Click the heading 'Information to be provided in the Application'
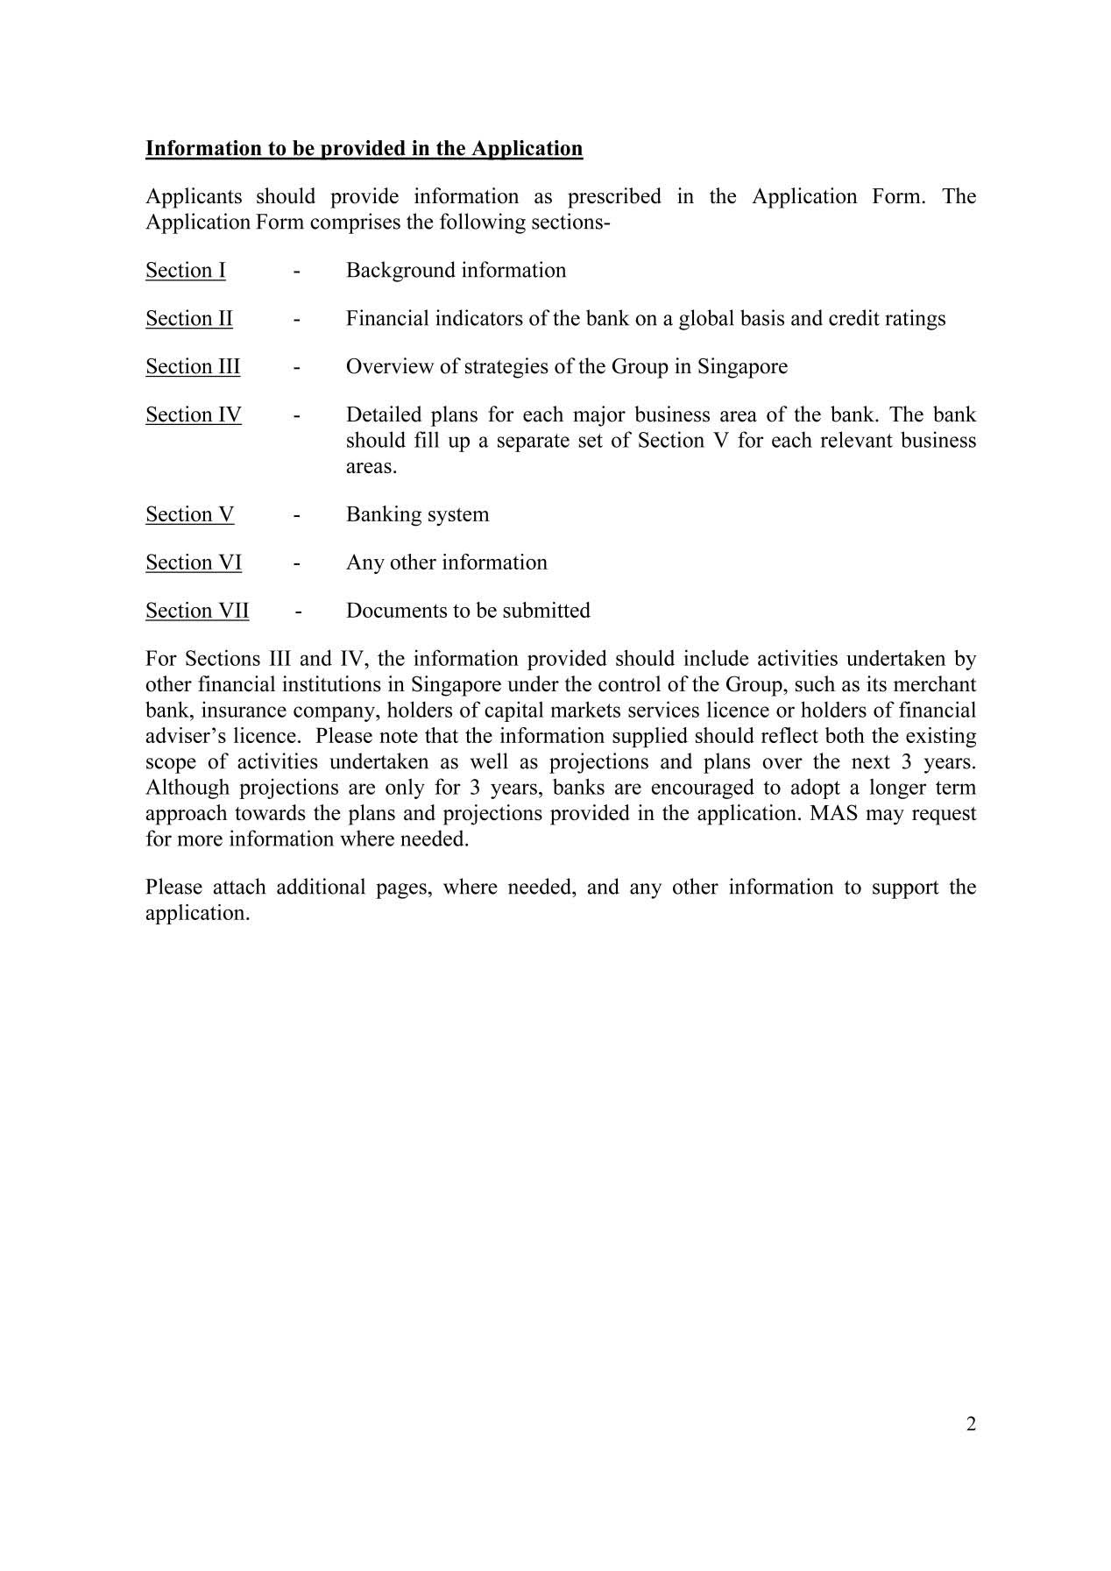(x=364, y=148)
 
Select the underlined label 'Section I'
(x=186, y=270)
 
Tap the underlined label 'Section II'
(x=189, y=318)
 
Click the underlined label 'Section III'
(x=193, y=366)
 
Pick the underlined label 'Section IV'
(x=194, y=414)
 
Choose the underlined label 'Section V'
(x=190, y=514)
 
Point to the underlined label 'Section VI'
(x=194, y=563)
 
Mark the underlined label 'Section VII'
(x=197, y=611)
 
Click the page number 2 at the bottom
(x=971, y=1424)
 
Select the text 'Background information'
(x=456, y=270)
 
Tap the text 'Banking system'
(x=417, y=514)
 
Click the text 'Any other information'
(x=446, y=563)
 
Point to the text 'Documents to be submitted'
(x=468, y=611)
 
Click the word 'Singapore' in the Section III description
(x=742, y=366)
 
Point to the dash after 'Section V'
(x=298, y=515)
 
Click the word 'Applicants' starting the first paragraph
(x=194, y=196)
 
